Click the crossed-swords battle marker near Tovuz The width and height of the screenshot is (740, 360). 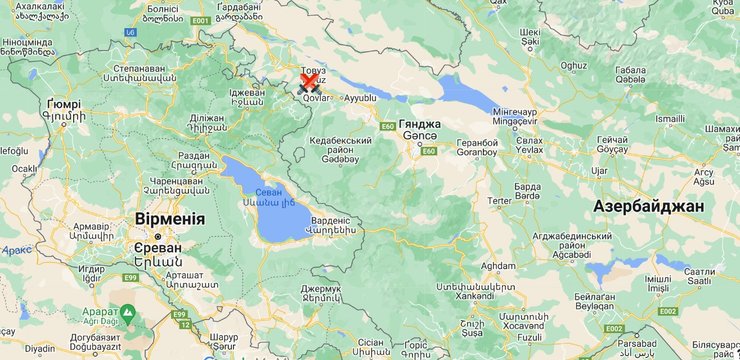[x=310, y=86]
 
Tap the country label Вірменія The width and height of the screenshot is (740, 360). [x=169, y=219]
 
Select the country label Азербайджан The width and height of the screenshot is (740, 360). [x=648, y=205]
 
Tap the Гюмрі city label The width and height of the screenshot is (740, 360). [x=63, y=104]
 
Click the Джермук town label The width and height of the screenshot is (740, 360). [x=321, y=289]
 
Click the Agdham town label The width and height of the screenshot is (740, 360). [x=498, y=266]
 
